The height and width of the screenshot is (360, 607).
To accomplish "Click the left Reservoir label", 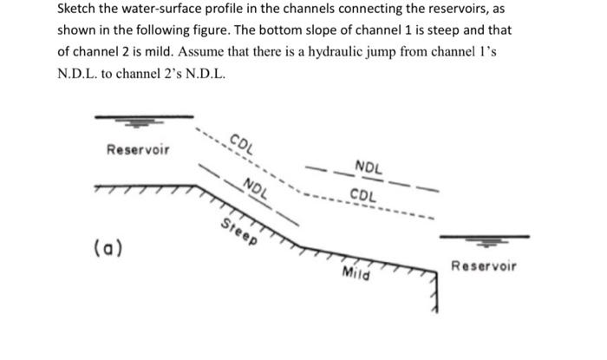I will [138, 150].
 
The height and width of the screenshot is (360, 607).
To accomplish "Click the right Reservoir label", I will [484, 265].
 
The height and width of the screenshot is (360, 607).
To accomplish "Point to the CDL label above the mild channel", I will [363, 194].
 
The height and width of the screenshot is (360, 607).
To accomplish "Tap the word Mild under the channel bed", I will [356, 274].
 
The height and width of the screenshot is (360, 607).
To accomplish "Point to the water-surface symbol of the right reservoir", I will [484, 238].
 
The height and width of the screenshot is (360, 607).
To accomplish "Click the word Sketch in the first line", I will [78, 10].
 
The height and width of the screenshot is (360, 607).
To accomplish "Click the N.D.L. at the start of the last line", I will [77, 74].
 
